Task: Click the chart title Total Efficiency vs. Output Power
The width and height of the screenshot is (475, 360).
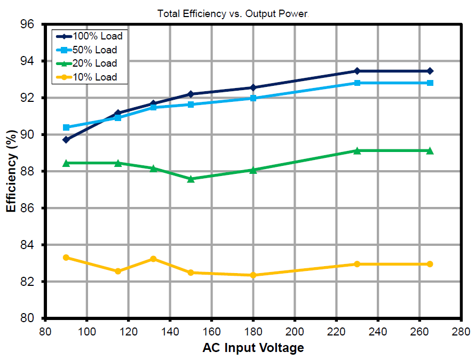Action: click(233, 14)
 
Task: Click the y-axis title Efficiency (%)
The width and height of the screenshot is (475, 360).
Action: click(11, 171)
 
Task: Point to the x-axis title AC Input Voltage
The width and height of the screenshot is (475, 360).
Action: click(253, 348)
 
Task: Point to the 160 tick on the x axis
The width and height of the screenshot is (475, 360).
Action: click(212, 331)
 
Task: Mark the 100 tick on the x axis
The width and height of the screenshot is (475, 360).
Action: click(87, 331)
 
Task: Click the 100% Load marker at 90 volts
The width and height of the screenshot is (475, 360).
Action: click(66, 140)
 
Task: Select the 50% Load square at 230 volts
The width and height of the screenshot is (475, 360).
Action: click(357, 83)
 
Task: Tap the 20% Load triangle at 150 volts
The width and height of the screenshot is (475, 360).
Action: click(191, 179)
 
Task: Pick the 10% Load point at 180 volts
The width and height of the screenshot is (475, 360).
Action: click(254, 275)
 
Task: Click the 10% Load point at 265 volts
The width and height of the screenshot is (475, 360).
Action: click(430, 264)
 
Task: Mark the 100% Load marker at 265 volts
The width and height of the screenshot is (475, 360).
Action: click(430, 71)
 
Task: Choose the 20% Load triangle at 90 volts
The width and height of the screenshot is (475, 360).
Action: click(66, 163)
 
